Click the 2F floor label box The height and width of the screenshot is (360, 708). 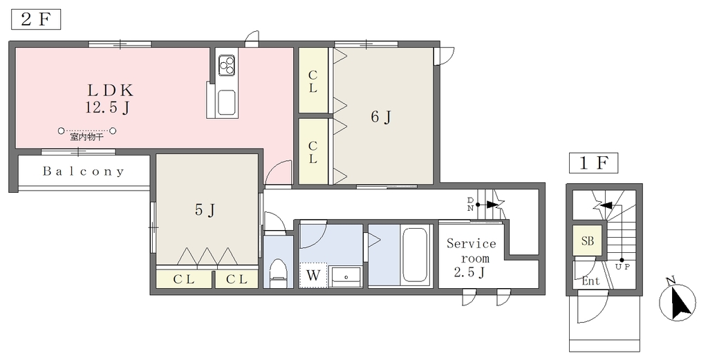[x=36, y=20]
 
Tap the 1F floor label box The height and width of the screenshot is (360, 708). [x=593, y=163]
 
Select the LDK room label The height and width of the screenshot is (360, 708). [x=111, y=91]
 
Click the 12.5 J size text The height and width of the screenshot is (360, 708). [x=107, y=108]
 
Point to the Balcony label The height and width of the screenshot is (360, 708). [x=84, y=171]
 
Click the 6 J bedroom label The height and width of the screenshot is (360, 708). [x=381, y=117]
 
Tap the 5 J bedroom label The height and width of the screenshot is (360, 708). [x=205, y=209]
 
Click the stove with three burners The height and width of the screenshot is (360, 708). [x=227, y=64]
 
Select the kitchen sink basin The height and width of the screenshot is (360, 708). [x=227, y=102]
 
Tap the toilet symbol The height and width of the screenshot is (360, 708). [x=278, y=272]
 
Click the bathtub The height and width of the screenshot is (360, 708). [x=414, y=256]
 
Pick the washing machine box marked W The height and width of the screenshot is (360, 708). [x=313, y=275]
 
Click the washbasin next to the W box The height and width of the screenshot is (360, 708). [x=345, y=276]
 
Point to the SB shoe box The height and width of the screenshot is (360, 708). [x=588, y=241]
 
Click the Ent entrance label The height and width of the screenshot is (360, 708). [x=590, y=281]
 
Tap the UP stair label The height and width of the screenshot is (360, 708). [x=622, y=267]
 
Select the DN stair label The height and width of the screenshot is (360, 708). [x=470, y=204]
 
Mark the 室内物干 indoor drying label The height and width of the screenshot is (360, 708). [x=86, y=137]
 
